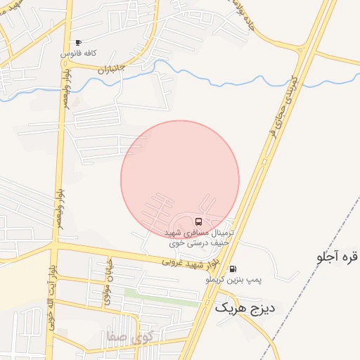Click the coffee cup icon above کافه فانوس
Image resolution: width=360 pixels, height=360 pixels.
pos(78,43)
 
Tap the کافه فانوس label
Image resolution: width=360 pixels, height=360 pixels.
pos(78,53)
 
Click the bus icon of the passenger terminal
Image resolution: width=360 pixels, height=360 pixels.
pos(197,222)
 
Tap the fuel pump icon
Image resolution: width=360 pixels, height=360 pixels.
pos(233,269)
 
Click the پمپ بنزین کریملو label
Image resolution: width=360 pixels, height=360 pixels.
pos(233,280)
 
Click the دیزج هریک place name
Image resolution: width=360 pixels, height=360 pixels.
pos(246,307)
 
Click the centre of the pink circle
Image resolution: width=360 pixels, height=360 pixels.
pos(180,179)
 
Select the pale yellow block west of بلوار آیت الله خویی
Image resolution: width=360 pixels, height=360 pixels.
pos(21,274)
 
